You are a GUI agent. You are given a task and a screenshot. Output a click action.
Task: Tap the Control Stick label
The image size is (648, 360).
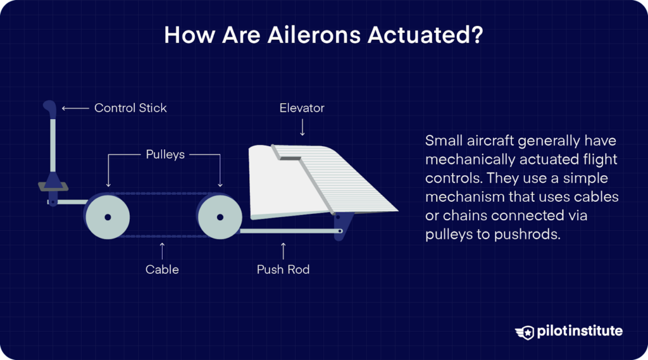(130, 108)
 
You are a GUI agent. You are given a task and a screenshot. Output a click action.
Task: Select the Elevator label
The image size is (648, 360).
(302, 108)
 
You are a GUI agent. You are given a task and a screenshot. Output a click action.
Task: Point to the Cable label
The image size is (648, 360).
(162, 270)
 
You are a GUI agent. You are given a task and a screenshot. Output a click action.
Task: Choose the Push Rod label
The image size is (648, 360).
(283, 270)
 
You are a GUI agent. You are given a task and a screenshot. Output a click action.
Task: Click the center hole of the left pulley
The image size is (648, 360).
(108, 217)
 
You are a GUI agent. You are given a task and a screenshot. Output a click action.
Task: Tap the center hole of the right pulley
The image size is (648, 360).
(220, 217)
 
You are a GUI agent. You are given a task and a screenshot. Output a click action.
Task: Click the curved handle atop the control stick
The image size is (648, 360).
(49, 108)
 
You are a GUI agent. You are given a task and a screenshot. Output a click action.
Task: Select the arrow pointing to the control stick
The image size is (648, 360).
(75, 108)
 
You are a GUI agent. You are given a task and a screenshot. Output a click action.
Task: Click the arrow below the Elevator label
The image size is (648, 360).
(302, 128)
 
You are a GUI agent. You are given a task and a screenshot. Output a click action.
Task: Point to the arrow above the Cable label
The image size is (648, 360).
(163, 249)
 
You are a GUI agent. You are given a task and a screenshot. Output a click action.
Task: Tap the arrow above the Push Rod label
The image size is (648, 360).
(283, 249)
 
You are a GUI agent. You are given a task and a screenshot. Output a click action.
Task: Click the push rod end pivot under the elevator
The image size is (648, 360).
(340, 231)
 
